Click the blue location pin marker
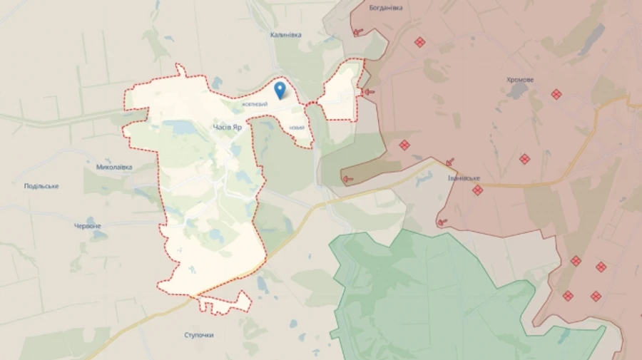click(280, 89)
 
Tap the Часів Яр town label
click(228, 127)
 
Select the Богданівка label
click(386, 8)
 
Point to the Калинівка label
click(286, 35)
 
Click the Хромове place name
click(520, 80)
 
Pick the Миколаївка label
click(114, 168)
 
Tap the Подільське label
click(41, 186)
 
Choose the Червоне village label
click(88, 226)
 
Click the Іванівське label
click(464, 178)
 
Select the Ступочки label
click(199, 334)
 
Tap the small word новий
click(297, 128)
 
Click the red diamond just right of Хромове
click(556, 94)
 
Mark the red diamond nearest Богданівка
click(419, 42)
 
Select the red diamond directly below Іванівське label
click(477, 190)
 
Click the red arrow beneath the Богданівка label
click(357, 31)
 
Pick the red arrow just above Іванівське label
click(449, 163)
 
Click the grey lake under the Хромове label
click(519, 91)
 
